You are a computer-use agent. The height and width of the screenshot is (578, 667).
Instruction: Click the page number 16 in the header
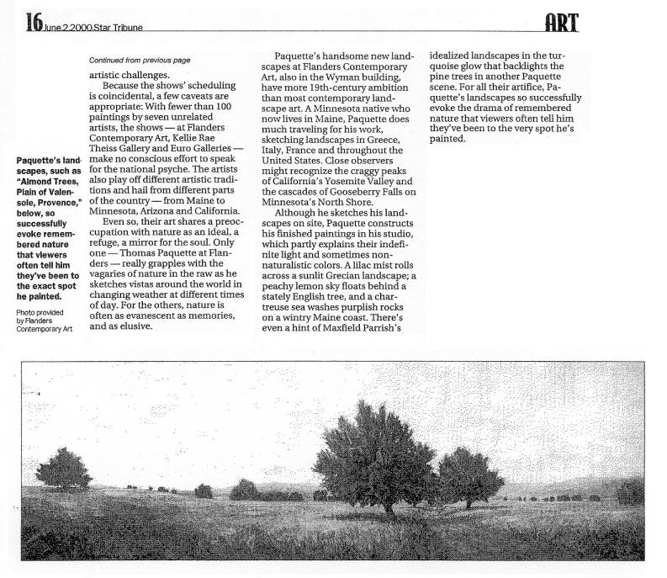point(34,23)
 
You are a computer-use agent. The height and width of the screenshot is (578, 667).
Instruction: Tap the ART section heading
point(561,23)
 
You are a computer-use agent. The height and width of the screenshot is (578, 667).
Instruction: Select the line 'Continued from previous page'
point(140,61)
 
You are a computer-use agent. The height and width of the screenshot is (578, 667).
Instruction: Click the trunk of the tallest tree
point(388,505)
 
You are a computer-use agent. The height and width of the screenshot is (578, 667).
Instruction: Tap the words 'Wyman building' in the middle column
point(366,77)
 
